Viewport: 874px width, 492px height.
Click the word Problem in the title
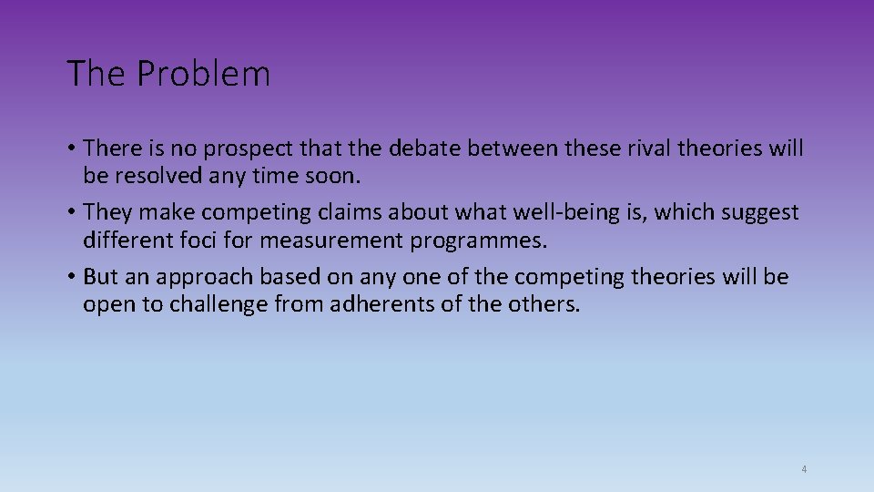coord(203,74)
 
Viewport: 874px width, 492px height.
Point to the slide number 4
coord(804,469)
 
